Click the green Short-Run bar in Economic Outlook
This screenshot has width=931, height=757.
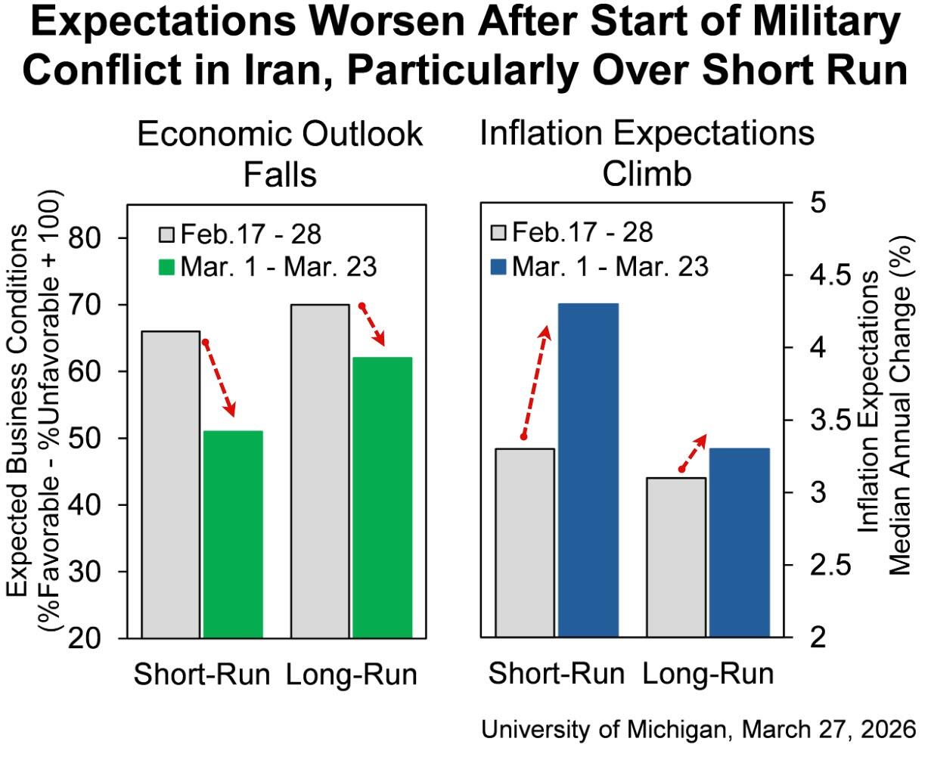[x=233, y=534]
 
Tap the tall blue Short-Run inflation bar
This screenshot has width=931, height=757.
[x=588, y=470]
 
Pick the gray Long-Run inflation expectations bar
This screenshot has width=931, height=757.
[x=676, y=557]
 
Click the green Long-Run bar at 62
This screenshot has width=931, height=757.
[x=382, y=497]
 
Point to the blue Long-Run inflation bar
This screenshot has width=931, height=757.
[x=739, y=543]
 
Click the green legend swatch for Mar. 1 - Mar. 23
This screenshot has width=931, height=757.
[x=167, y=267]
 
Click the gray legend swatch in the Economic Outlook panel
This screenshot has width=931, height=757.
[x=167, y=233]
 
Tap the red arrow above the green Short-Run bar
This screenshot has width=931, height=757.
[x=219, y=378]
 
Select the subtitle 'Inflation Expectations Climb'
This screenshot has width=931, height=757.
[x=647, y=154]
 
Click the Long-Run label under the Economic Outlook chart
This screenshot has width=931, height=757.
[x=352, y=675]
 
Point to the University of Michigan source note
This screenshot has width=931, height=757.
[x=698, y=731]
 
